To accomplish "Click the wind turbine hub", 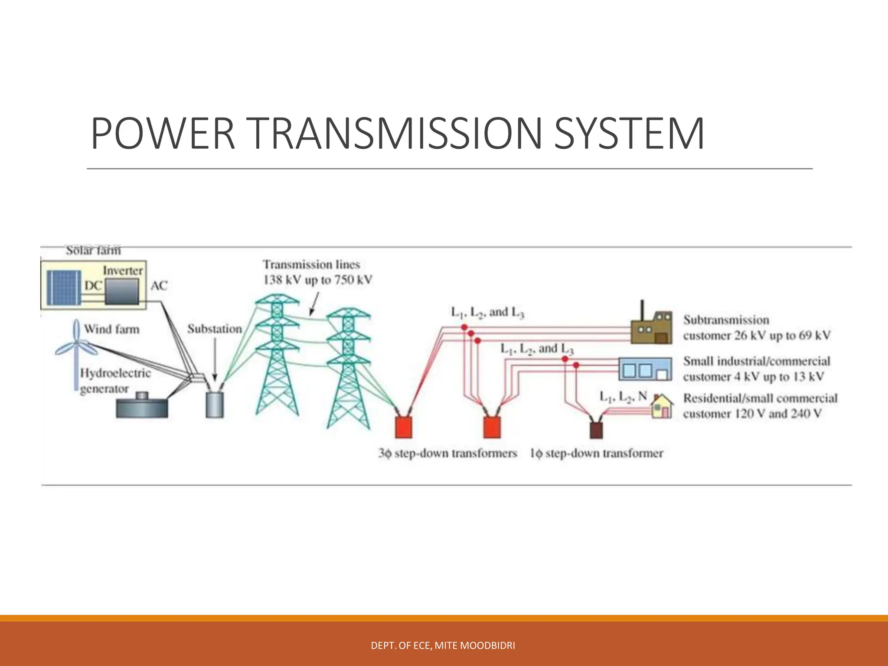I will [77, 343].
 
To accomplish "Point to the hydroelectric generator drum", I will [142, 407].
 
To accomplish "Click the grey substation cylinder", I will [214, 404].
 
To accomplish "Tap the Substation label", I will [215, 329].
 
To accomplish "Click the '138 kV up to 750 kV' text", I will [318, 280].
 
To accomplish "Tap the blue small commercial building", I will [644, 369].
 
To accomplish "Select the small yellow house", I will [662, 407].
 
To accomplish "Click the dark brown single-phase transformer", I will [596, 429].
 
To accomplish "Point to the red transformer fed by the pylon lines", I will [403, 427].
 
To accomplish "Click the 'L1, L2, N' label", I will [623, 397].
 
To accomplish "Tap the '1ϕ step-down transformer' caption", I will [596, 454].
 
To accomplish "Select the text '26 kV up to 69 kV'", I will [782, 336].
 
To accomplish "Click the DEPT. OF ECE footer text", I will [443, 646].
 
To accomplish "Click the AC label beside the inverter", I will [159, 286].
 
